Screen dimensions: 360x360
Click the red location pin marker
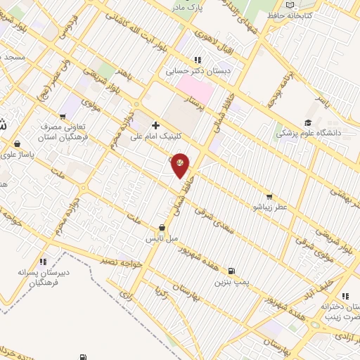pyautogui.click(x=180, y=165)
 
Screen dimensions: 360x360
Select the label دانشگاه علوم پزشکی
pyautogui.click(x=307, y=131)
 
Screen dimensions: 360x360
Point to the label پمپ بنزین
pyautogui.click(x=233, y=281)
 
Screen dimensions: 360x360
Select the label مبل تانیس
pyautogui.click(x=161, y=239)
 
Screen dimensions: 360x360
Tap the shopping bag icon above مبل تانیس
pyautogui.click(x=162, y=228)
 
